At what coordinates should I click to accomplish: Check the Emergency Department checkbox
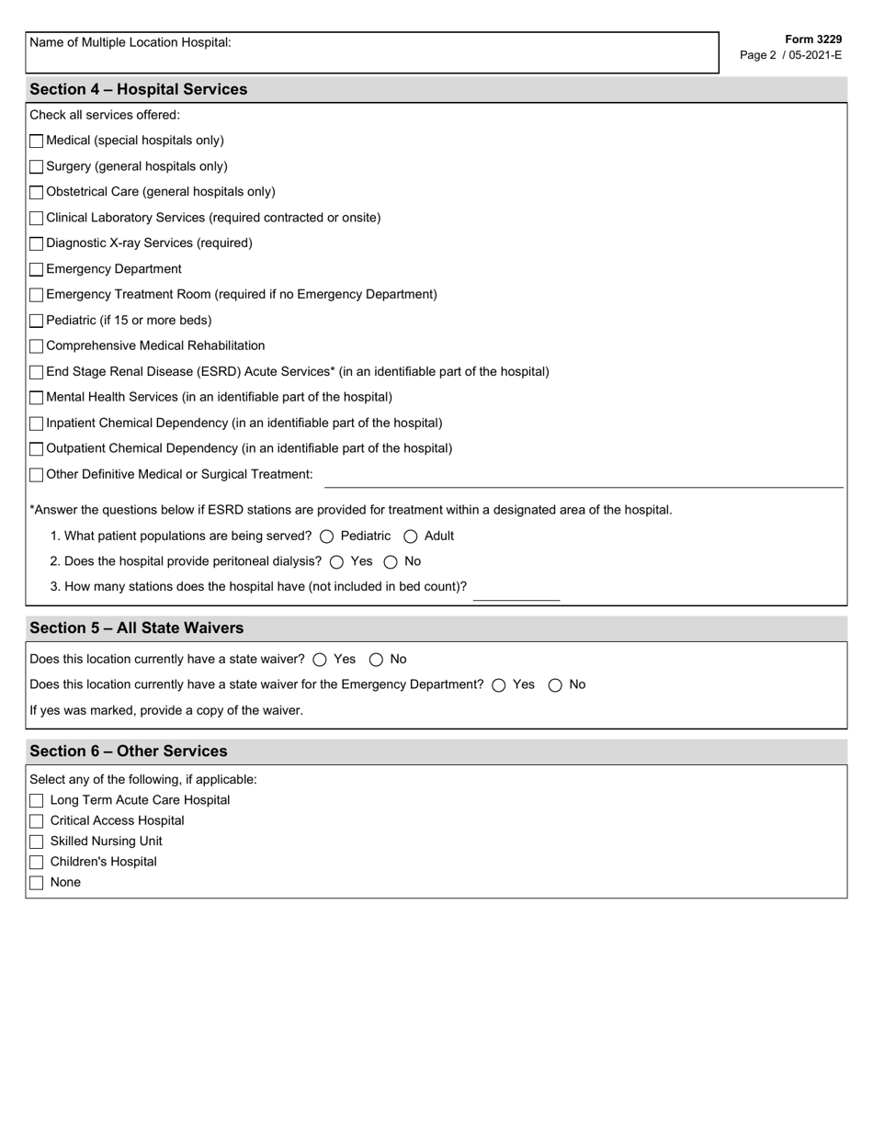pos(36,270)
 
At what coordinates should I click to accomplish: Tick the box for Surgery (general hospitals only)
pos(36,167)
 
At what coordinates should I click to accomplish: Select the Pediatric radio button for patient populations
pos(327,537)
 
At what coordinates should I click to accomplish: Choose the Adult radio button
pos(411,537)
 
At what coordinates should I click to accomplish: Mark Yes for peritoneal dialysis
pos(336,562)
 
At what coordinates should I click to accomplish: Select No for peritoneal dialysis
pos(391,562)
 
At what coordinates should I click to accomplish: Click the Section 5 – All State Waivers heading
pos(136,628)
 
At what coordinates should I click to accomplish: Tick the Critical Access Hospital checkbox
pos(37,821)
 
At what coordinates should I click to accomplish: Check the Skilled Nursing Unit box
pos(37,842)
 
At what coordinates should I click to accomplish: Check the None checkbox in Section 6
pos(37,883)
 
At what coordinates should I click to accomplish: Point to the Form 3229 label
pos(812,40)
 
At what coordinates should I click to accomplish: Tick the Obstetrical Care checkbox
pos(36,193)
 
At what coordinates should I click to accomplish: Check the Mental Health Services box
pos(36,398)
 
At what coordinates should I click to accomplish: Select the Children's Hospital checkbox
pos(37,863)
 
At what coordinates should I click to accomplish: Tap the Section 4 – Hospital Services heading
pos(138,90)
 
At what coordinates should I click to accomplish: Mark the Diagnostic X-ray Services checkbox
pos(36,244)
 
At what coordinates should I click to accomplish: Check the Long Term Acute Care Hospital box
pos(37,801)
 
